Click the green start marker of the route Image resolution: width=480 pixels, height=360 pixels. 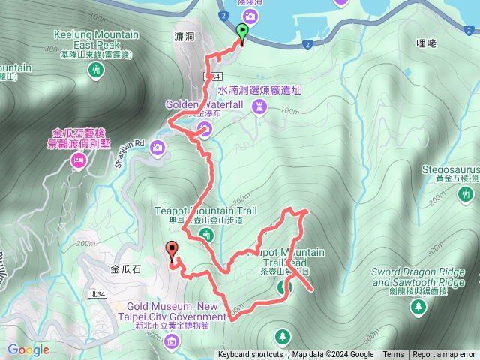click(x=242, y=31)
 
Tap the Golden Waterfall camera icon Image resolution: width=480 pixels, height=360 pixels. click(x=203, y=131)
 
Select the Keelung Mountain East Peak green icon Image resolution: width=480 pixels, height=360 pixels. click(x=95, y=70)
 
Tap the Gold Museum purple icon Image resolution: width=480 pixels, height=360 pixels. click(x=172, y=342)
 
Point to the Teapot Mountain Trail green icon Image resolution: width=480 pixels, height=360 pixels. click(x=208, y=235)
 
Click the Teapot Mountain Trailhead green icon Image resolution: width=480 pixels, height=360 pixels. click(x=283, y=286)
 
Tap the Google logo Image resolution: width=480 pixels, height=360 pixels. click(x=28, y=349)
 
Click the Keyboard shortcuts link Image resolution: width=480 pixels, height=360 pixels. click(x=250, y=355)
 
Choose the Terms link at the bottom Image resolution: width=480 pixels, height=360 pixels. click(x=393, y=355)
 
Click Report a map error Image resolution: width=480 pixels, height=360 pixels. click(x=444, y=355)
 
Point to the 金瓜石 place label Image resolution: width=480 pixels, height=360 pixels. click(x=126, y=267)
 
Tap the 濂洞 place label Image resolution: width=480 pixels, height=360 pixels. click(x=184, y=37)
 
